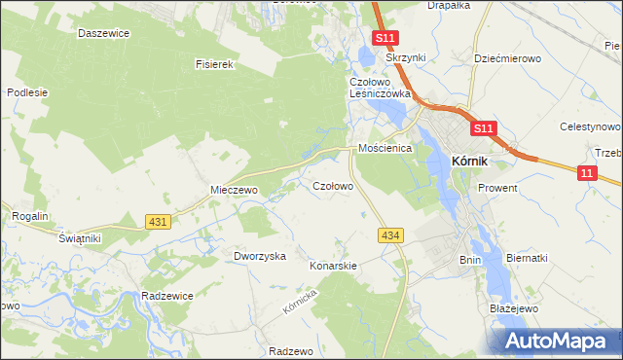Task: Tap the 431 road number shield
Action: click(159, 222)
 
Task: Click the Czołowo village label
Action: click(332, 185)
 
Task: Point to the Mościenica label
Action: click(385, 148)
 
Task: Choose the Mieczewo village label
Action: click(234, 190)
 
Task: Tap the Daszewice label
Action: click(104, 32)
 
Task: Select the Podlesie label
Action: click(27, 92)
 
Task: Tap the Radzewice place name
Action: click(166, 295)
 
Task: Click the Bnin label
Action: click(470, 260)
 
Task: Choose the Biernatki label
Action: click(527, 258)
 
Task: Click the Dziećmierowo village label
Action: click(507, 58)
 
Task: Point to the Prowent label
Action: click(497, 187)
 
